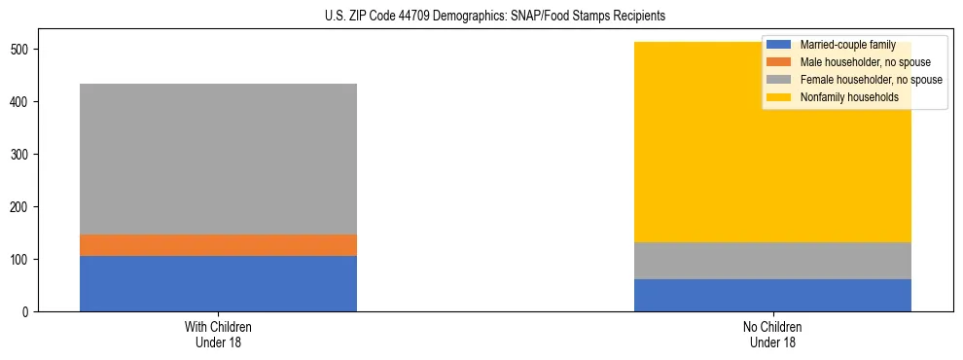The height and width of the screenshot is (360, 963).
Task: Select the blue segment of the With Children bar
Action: pyautogui.click(x=218, y=283)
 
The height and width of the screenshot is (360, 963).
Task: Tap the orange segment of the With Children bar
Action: pyautogui.click(x=218, y=245)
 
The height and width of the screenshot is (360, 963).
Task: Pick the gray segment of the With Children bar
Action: pyautogui.click(x=218, y=159)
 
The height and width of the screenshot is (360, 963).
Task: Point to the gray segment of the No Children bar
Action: pyautogui.click(x=772, y=260)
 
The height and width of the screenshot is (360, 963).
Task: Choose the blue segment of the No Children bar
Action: pyautogui.click(x=772, y=295)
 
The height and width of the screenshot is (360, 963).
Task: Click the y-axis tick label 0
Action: pyautogui.click(x=27, y=312)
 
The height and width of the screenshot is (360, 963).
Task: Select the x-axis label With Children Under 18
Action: pyautogui.click(x=218, y=334)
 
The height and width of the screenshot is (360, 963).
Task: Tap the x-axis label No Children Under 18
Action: pyautogui.click(x=772, y=334)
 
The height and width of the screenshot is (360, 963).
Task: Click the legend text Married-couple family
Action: pyautogui.click(x=847, y=45)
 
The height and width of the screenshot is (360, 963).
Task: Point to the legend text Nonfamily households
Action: pyautogui.click(x=848, y=97)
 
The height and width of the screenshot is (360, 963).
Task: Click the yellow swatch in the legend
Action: pyautogui.click(x=779, y=97)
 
